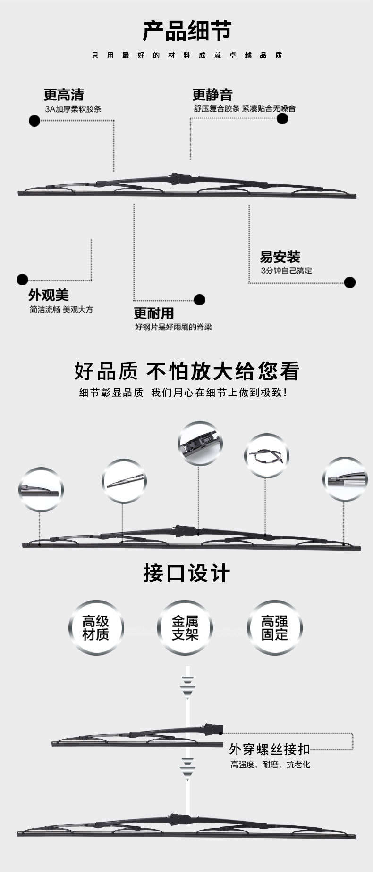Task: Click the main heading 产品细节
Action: click(x=187, y=31)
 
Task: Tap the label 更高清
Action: click(x=64, y=95)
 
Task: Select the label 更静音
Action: click(x=212, y=95)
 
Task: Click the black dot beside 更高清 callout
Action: click(x=34, y=121)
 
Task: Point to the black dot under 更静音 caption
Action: click(x=282, y=118)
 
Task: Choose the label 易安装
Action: click(x=280, y=257)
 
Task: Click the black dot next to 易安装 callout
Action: click(x=349, y=282)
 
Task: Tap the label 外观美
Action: click(x=48, y=295)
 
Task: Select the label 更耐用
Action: click(x=153, y=313)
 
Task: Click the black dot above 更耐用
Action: click(x=199, y=300)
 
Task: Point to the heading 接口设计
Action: click(x=186, y=574)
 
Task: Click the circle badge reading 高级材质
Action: click(x=96, y=628)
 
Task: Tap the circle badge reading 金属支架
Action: click(x=185, y=628)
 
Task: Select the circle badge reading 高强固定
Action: click(x=274, y=628)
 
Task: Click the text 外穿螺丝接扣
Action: click(x=269, y=749)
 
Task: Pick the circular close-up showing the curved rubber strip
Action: click(x=267, y=456)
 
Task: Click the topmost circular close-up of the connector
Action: click(x=200, y=443)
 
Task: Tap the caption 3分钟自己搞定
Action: click(x=286, y=271)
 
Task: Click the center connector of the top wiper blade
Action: click(x=182, y=179)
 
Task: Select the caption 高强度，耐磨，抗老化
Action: click(x=270, y=765)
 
